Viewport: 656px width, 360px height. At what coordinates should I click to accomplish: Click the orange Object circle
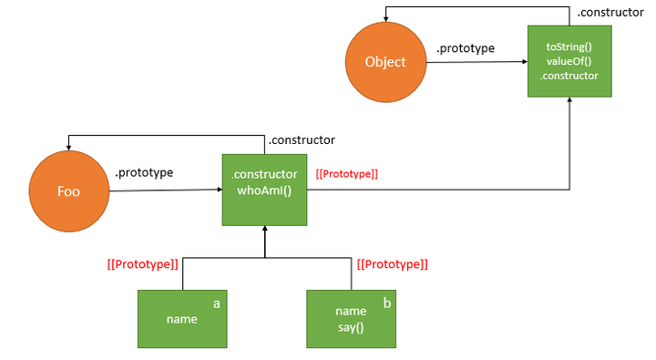[x=384, y=62]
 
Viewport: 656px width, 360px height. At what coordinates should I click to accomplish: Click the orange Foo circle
[x=69, y=192]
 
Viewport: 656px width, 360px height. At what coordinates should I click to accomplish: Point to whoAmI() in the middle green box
[x=264, y=190]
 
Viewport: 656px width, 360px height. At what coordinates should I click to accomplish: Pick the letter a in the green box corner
[x=217, y=302]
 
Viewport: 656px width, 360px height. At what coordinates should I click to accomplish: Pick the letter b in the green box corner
[x=386, y=302]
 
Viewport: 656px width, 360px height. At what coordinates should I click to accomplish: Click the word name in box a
[x=182, y=319]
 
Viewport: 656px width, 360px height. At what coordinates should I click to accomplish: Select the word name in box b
[x=351, y=311]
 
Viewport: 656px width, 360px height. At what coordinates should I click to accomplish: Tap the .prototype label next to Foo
[x=144, y=172]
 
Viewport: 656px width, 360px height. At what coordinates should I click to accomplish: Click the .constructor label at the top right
[x=610, y=13]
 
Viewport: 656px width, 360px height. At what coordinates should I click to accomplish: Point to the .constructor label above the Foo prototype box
[x=301, y=140]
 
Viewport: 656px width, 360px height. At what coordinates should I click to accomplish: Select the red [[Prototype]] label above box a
[x=142, y=264]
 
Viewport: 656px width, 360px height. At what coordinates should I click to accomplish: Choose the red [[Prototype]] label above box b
[x=393, y=264]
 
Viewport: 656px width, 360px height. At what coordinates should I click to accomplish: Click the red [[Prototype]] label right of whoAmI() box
[x=346, y=173]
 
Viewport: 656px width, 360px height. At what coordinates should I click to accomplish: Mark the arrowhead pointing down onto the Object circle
[x=384, y=20]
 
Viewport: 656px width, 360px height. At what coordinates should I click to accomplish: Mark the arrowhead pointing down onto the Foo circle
[x=69, y=149]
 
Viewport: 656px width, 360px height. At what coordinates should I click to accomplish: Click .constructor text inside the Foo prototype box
[x=264, y=174]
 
